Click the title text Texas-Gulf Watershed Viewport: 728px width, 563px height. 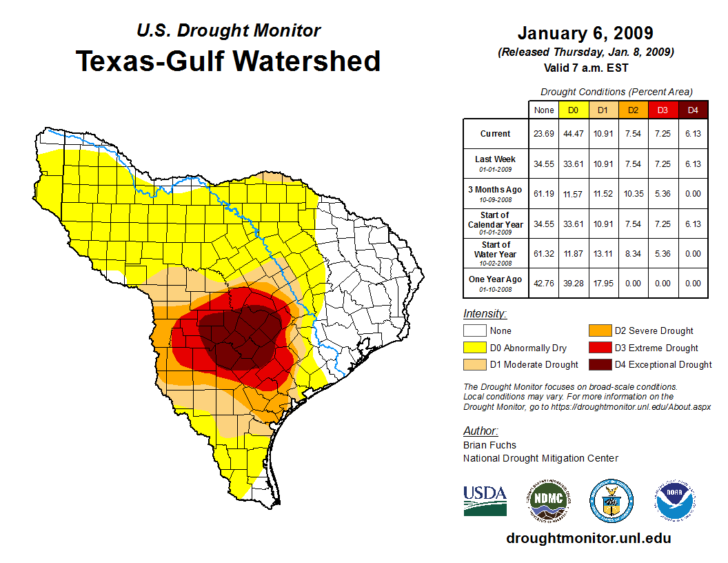(x=228, y=61)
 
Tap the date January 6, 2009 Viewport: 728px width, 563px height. (x=585, y=33)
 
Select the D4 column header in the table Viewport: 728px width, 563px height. (x=693, y=110)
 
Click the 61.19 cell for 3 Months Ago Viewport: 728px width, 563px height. (x=544, y=193)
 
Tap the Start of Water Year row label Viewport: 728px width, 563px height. (x=495, y=253)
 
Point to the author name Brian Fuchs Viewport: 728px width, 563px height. (x=489, y=445)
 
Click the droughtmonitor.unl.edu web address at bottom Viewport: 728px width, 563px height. (x=588, y=538)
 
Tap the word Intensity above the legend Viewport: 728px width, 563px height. (x=485, y=314)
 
